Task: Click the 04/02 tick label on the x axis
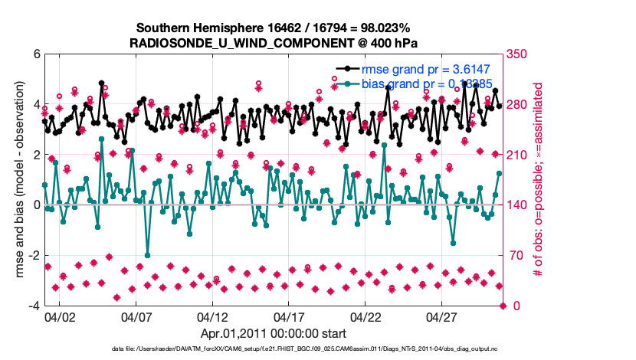click(x=60, y=317)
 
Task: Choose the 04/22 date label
click(x=366, y=317)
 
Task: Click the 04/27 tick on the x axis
click(x=443, y=317)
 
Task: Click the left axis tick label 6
click(x=35, y=54)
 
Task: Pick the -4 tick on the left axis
click(x=34, y=306)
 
